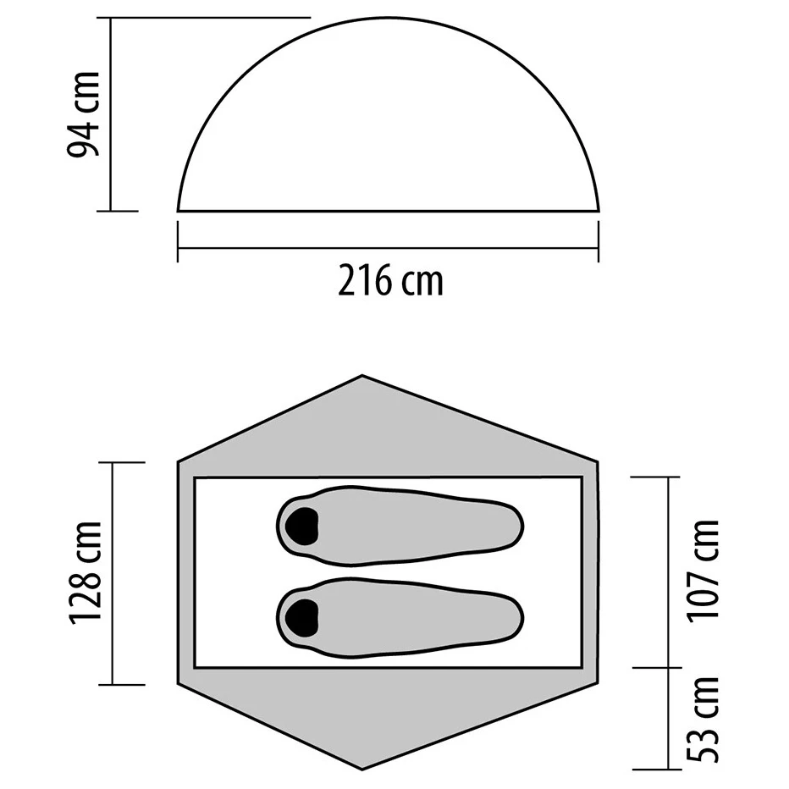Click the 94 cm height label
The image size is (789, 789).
pos(84,114)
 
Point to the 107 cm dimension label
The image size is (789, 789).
pos(704,571)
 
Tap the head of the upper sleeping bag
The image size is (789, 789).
pos(301,526)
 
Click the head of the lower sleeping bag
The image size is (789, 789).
pos(301,618)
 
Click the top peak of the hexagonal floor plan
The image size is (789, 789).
pos(362,375)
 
